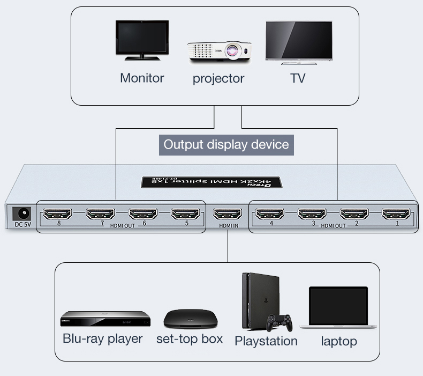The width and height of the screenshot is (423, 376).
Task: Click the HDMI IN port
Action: tap(228, 214)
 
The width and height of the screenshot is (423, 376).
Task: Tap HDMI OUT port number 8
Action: tap(58, 214)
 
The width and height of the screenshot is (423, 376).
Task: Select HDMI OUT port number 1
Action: tap(397, 214)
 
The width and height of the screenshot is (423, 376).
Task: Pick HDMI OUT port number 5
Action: tap(185, 214)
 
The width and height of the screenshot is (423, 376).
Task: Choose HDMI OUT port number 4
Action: tap(270, 214)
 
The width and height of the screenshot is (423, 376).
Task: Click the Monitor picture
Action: tap(141, 41)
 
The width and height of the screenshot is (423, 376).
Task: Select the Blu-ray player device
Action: tap(105, 319)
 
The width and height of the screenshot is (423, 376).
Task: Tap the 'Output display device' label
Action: tap(226, 144)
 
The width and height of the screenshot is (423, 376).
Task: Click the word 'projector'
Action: tap(218, 78)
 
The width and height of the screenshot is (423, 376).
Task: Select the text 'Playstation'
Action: tap(266, 341)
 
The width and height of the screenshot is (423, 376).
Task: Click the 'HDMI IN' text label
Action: tap(229, 226)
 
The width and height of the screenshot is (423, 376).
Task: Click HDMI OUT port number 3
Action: tap(312, 214)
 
